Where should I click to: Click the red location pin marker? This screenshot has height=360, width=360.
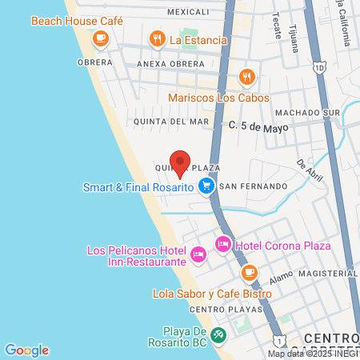click(181, 162)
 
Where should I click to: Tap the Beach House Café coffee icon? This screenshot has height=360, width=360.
click(100, 38)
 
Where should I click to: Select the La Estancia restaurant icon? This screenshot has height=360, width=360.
click(157, 38)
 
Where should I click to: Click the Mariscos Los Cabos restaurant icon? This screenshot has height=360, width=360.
click(247, 77)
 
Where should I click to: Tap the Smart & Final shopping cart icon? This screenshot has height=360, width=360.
click(206, 186)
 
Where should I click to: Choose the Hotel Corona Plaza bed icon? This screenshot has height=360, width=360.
click(223, 243)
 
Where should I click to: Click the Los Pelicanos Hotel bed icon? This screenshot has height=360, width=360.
click(198, 255)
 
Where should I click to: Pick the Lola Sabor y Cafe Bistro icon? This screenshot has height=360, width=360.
click(250, 272)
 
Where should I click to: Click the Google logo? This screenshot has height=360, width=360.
click(26, 350)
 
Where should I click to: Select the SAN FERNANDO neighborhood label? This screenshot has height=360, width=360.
click(253, 186)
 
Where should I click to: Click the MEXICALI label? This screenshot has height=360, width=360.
click(189, 13)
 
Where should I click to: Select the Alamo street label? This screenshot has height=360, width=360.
click(282, 277)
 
